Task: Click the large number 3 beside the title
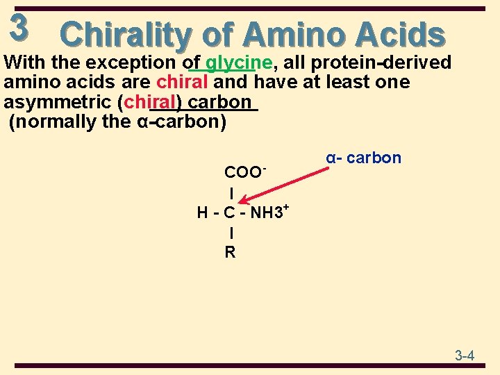coord(19,27)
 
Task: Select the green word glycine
coord(238,62)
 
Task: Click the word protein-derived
coord(381,62)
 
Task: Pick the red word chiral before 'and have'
coord(182,82)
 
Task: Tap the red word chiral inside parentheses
coord(151,102)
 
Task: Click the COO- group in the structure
coord(244,172)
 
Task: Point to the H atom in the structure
coord(202,212)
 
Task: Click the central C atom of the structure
coord(230,212)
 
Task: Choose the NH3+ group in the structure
coord(269,211)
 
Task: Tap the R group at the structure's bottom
coord(230,252)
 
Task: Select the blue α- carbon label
coord(363,158)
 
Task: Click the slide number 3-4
coord(465,356)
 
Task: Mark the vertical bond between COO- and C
coord(231,192)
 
